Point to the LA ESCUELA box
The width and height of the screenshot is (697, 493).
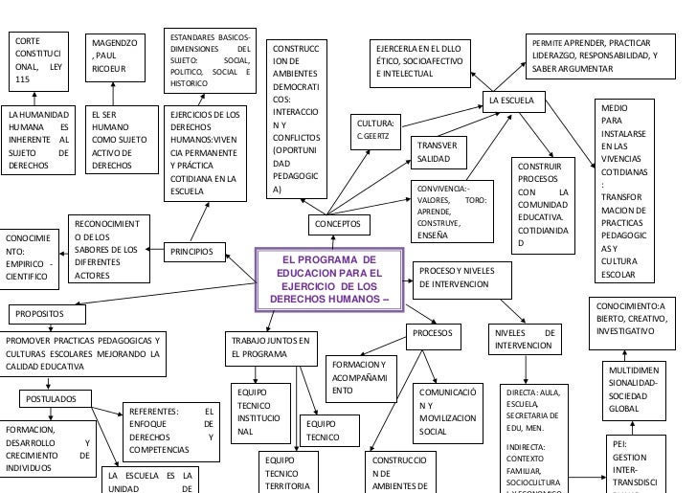(516, 101)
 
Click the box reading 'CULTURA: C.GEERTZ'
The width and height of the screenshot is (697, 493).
(377, 130)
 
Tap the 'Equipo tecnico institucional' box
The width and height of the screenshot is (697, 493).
(259, 412)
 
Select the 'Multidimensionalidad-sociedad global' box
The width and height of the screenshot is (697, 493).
(629, 390)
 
